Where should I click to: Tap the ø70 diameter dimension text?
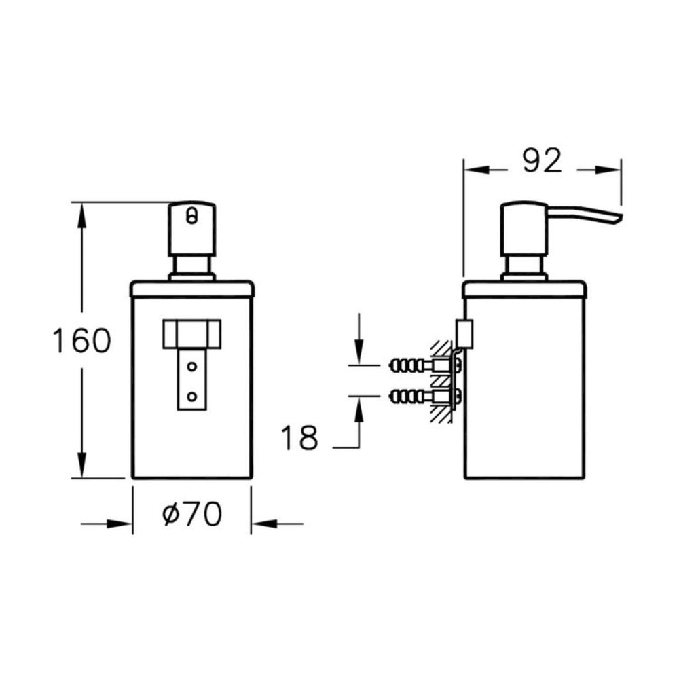coord(192,514)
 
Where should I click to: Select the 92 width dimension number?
coord(542,160)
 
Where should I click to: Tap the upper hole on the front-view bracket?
coord(192,367)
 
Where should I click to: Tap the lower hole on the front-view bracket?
coord(192,396)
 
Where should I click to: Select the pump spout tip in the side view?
coord(617,219)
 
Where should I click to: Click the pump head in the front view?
coord(192,228)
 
